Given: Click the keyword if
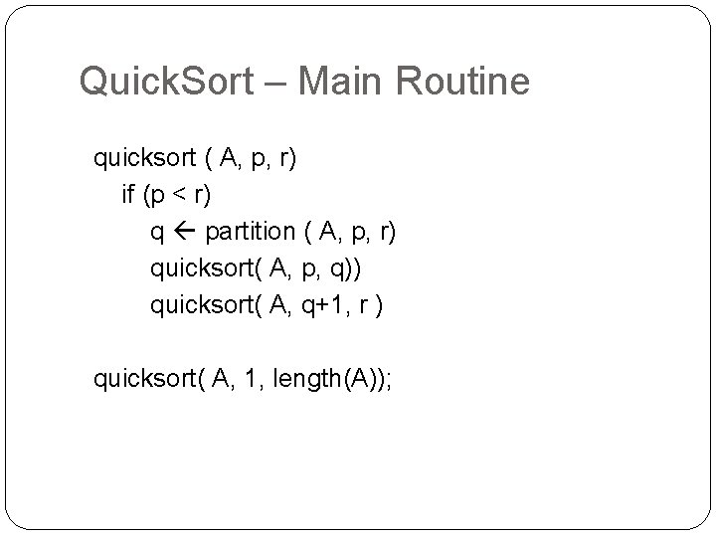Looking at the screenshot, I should click(x=127, y=195).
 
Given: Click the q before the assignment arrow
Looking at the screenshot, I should click(x=157, y=234).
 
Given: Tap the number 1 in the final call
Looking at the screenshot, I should click(x=249, y=378).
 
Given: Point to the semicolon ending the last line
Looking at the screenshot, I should click(x=390, y=380).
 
